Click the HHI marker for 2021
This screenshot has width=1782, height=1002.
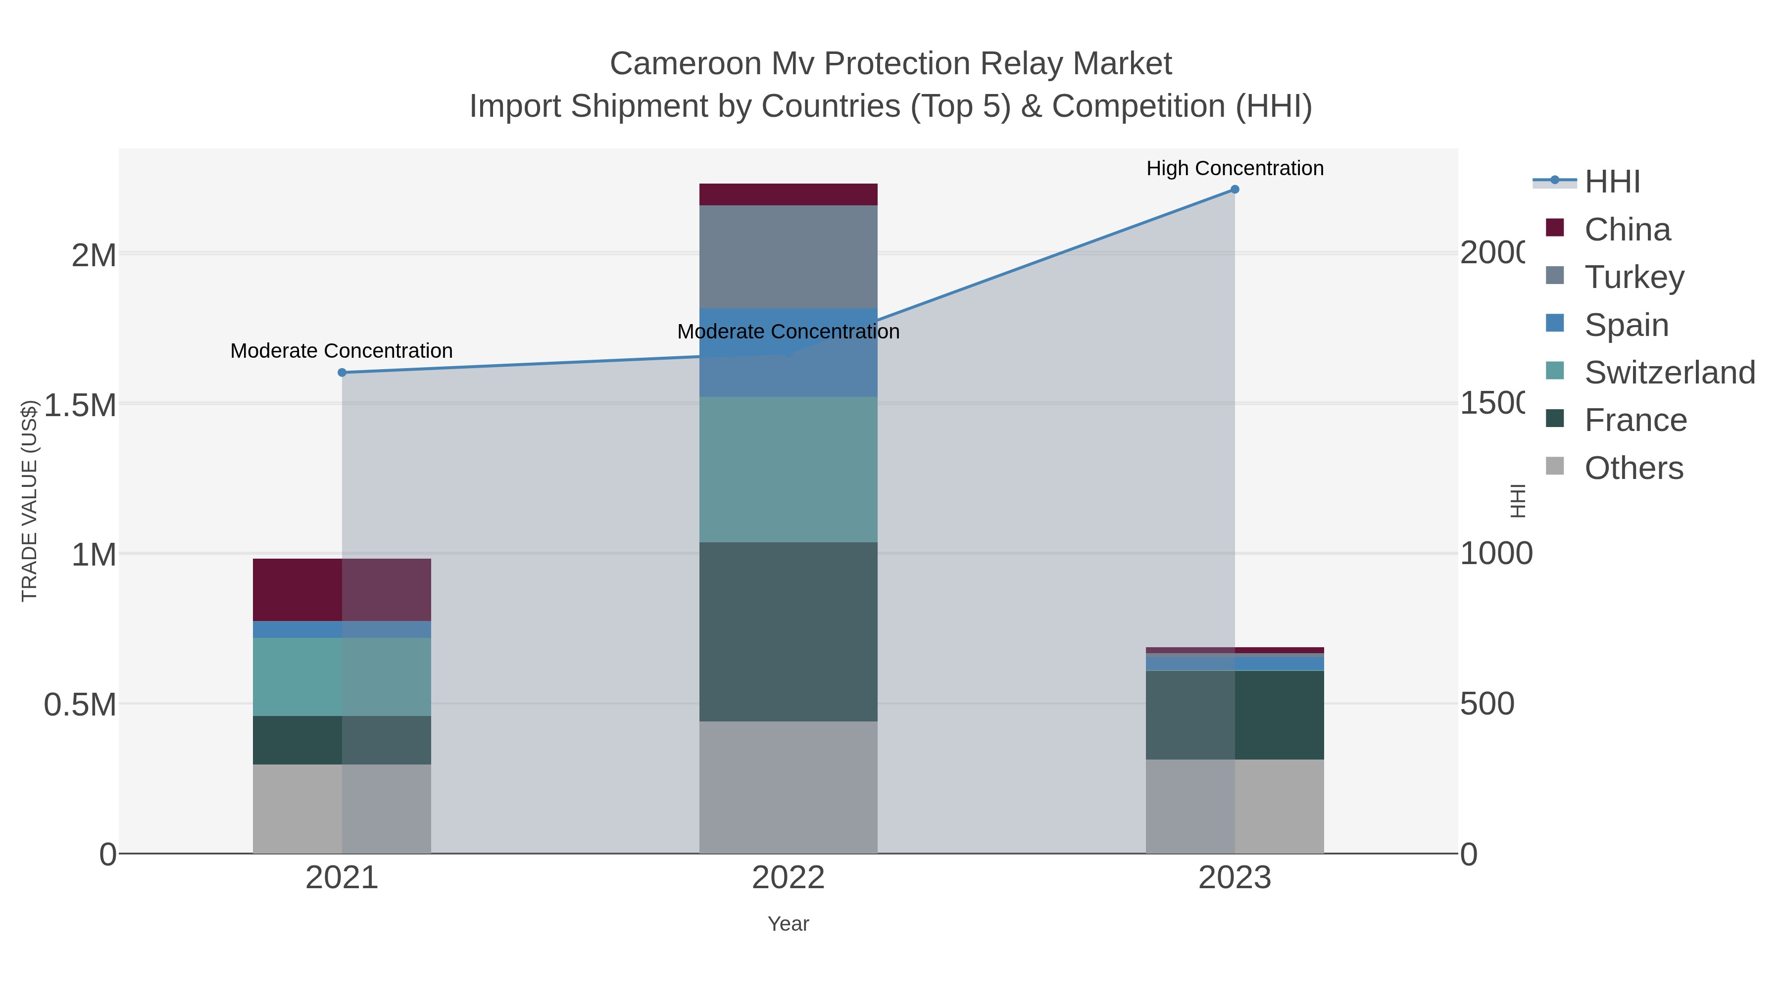pos(342,373)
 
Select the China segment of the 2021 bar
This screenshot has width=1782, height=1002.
pos(342,590)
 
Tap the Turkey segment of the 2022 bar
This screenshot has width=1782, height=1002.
pos(788,256)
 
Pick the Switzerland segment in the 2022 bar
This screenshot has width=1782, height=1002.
pos(788,470)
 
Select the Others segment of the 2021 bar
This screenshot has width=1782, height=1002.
pos(342,809)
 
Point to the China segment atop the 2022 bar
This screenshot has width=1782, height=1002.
pos(788,194)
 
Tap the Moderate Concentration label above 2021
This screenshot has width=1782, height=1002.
pos(342,351)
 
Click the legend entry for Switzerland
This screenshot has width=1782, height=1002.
pos(1669,373)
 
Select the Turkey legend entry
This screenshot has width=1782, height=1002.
pos(1634,277)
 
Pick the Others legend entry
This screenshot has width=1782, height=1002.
pos(1633,468)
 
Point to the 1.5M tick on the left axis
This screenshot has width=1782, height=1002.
pos(80,405)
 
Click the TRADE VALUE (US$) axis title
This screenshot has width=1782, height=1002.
pos(29,501)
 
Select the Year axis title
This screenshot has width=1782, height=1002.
pos(788,924)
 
